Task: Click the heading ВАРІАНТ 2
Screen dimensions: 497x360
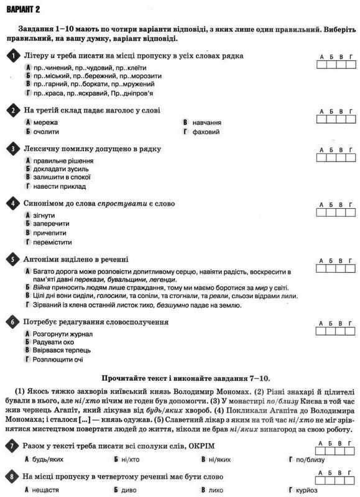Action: point(23,8)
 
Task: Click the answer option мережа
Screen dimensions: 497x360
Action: point(45,122)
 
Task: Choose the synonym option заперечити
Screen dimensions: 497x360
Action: point(51,223)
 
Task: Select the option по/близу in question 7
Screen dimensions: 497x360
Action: point(308,459)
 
